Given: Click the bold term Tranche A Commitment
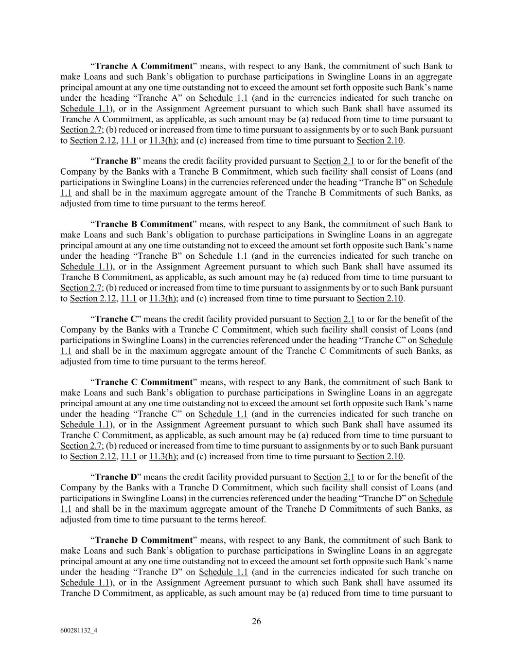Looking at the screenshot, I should coord(144,66).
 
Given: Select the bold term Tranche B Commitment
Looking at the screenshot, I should coord(144,224).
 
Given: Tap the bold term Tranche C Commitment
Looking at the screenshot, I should coord(144,382).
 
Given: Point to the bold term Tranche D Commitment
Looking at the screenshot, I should coord(144,540).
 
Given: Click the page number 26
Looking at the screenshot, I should coord(257,621).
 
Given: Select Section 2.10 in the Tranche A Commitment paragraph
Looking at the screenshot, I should coord(380,141).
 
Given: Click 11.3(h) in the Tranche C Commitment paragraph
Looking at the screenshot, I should coord(163,457).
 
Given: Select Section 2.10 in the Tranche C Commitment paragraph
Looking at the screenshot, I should coord(380,457).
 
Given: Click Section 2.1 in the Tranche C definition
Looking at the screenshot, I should coord(334,320).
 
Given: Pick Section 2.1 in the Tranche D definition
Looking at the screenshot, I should coord(334,477).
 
